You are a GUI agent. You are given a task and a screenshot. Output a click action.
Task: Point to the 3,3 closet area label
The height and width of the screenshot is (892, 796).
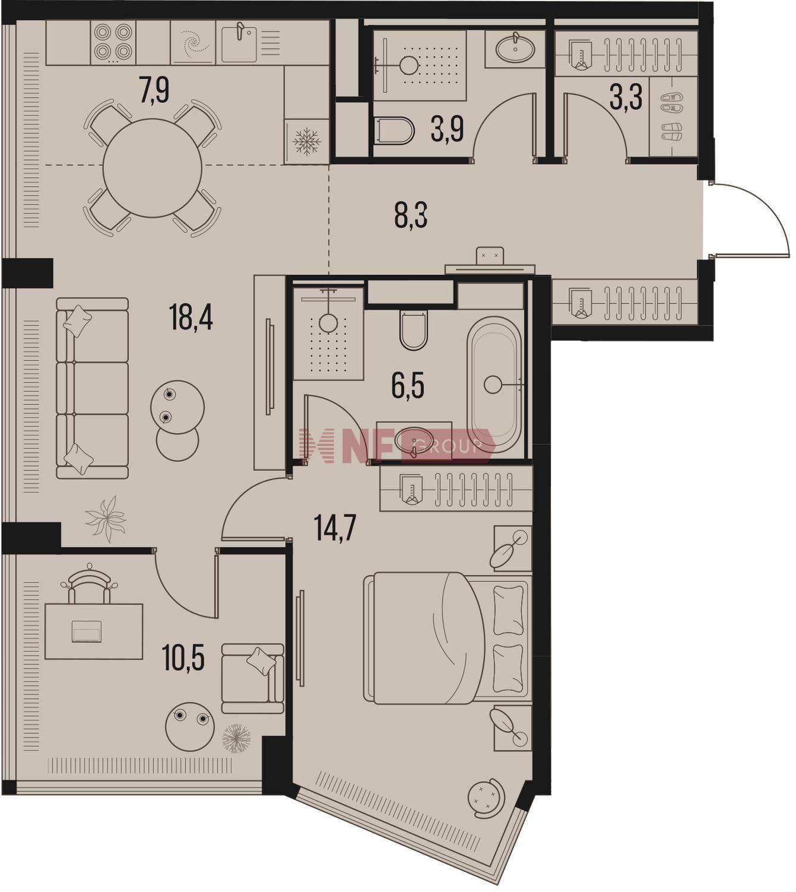[626, 97]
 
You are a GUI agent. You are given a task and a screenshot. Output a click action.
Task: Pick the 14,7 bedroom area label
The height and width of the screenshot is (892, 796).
[335, 527]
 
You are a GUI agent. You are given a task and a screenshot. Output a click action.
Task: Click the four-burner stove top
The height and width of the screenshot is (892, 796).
[114, 42]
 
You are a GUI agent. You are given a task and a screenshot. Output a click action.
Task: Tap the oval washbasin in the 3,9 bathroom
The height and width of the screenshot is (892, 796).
[515, 48]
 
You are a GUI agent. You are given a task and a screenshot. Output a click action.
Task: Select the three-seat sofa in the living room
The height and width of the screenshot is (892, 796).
[92, 388]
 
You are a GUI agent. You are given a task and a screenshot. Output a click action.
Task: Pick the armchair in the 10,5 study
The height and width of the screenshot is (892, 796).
[252, 678]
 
